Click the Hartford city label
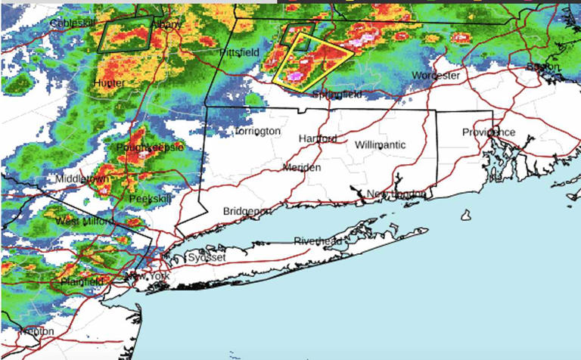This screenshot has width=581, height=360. tap(317, 139)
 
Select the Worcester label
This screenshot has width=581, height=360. tap(436, 76)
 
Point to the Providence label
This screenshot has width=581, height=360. tap(489, 132)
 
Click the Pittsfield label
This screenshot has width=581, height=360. tap(240, 52)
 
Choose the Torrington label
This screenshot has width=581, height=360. tap(257, 131)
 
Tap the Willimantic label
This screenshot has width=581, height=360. tap(380, 144)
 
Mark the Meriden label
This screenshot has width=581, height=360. tap(302, 167)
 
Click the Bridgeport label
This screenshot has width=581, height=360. tap(247, 211)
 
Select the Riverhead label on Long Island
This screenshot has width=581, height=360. tap(318, 241)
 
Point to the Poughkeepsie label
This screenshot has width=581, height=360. tap(150, 147)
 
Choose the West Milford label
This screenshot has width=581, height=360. tap(84, 221)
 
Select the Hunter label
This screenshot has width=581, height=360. tap(109, 82)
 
